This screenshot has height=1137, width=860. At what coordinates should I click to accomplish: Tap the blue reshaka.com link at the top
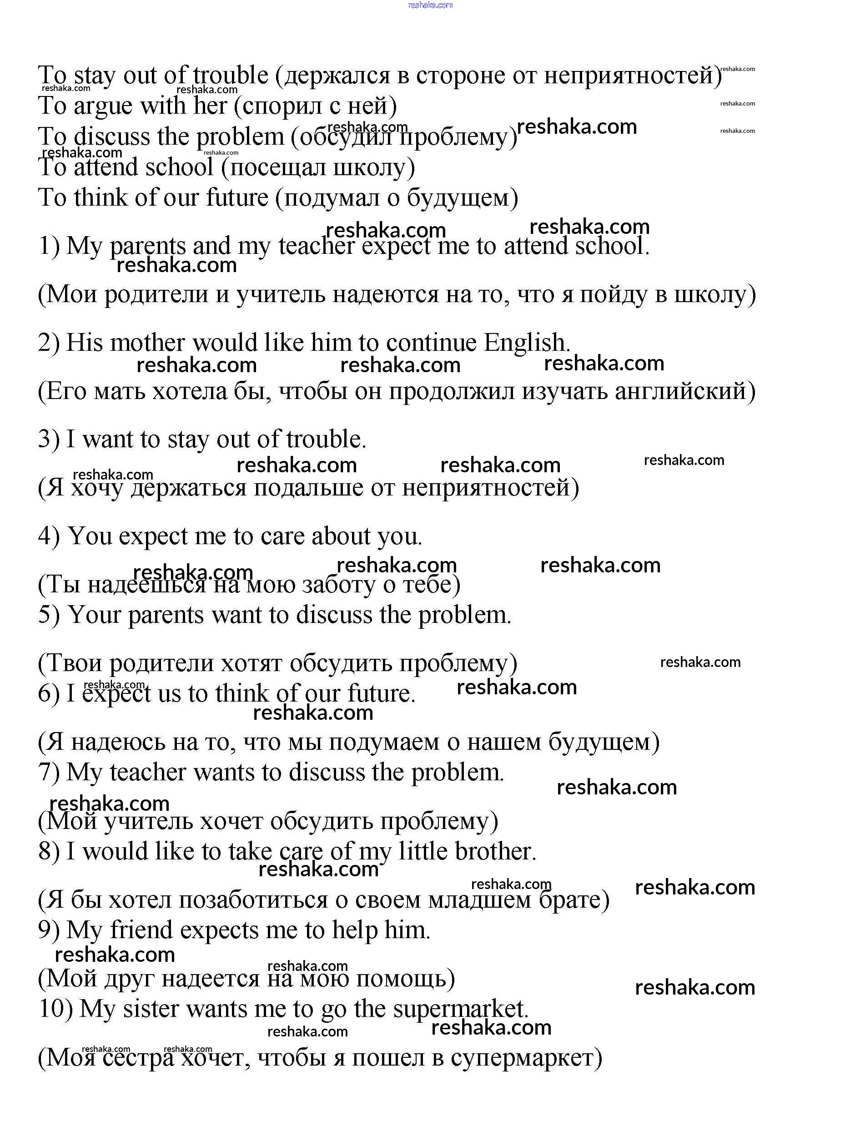[x=430, y=5]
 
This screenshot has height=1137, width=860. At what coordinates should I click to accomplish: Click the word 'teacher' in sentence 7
[x=147, y=773]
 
